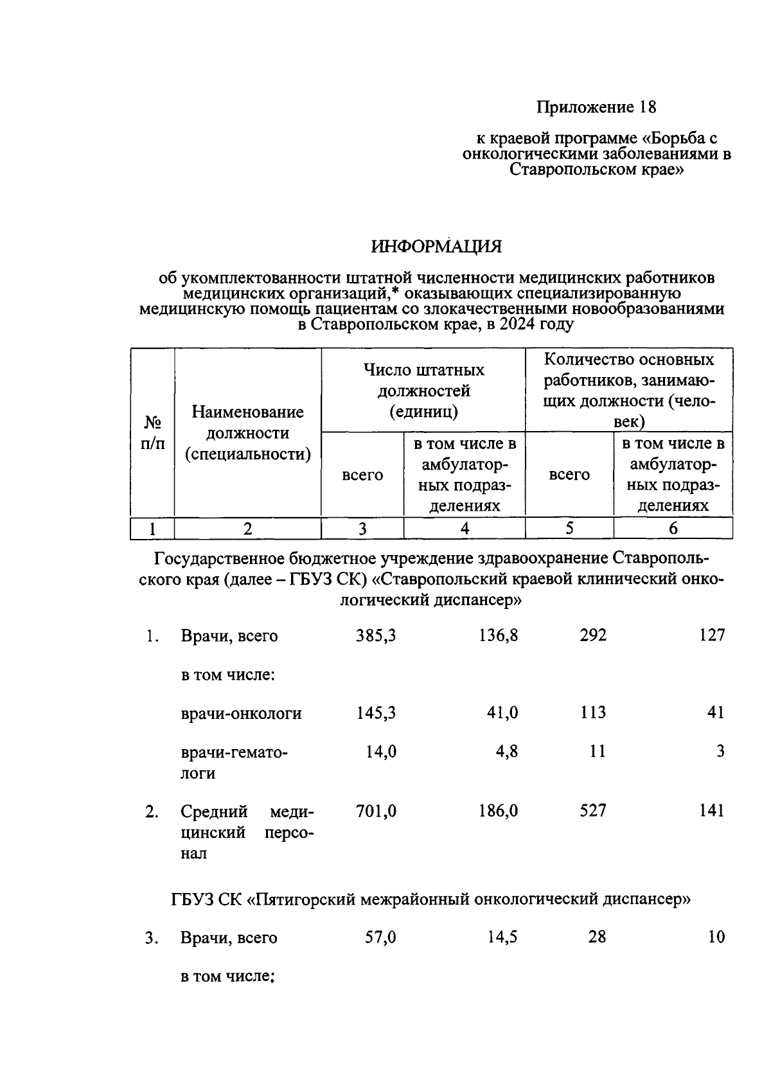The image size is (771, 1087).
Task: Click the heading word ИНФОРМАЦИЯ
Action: pos(436,247)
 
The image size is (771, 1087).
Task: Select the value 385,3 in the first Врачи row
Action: pos(376,635)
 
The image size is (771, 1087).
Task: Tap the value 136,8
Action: pos(498,635)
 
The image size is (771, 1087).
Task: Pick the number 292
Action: pos(592,635)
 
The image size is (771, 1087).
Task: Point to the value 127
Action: pos(712,635)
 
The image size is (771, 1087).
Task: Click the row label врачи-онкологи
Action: pos(241,713)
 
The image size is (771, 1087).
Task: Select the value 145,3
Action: pos(376,712)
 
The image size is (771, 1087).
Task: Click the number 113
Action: pos(592,712)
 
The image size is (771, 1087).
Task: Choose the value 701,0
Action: pos(376,811)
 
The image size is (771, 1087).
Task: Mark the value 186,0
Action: pos(498,811)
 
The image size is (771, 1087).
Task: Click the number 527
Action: pos(592,811)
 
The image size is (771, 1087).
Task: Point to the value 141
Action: pos(712,811)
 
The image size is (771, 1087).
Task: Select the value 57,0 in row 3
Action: pos(380,937)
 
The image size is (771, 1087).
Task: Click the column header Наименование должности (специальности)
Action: pos(247,433)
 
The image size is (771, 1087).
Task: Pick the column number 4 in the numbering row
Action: pos(464,529)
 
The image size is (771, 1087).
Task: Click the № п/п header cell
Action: pos(152,432)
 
